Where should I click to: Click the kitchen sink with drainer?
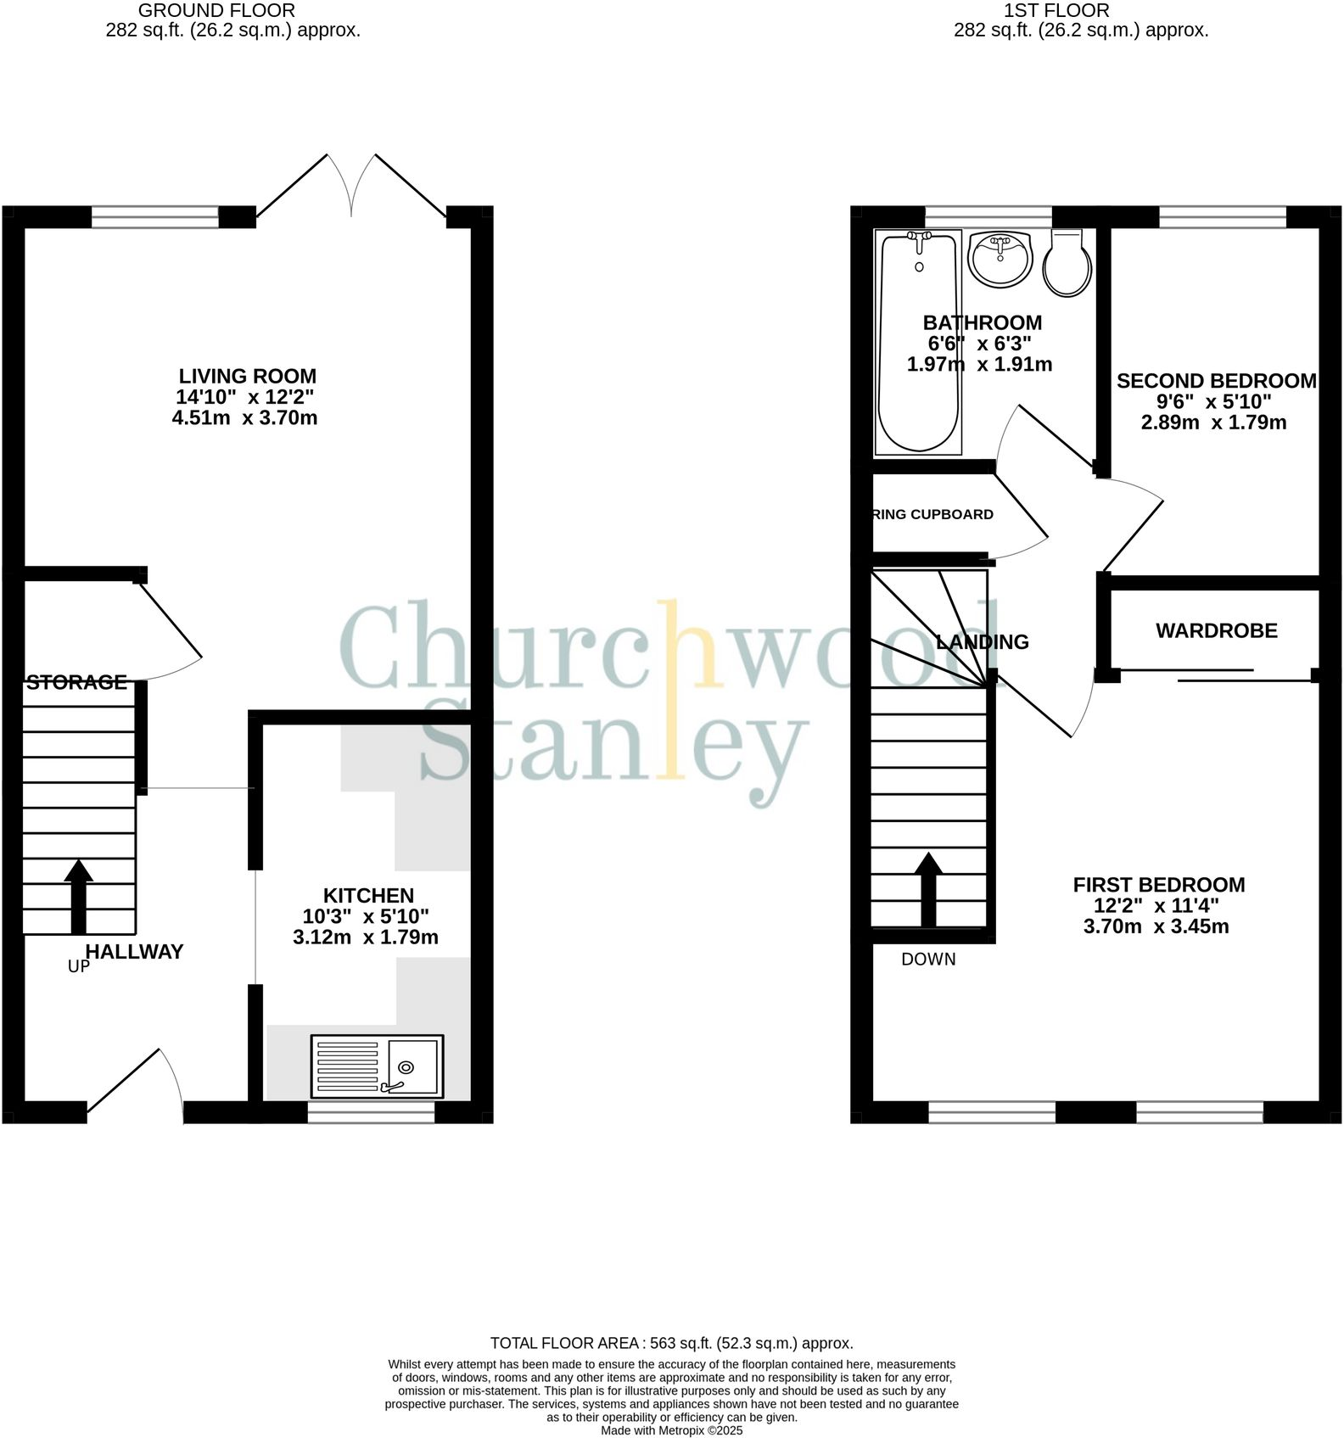click(377, 1066)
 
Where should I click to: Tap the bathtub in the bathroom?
click(919, 341)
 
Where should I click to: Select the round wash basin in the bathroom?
click(1000, 258)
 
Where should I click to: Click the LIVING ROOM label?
click(247, 376)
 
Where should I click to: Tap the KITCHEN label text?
click(368, 896)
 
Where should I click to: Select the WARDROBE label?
click(1216, 630)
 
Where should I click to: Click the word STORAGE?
click(76, 682)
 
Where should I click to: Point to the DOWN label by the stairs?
click(928, 960)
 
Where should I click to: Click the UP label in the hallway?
click(78, 966)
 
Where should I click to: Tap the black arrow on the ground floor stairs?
click(79, 896)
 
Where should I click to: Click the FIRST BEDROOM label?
click(1158, 885)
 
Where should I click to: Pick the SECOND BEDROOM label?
click(1216, 381)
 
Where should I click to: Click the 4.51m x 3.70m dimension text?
click(244, 417)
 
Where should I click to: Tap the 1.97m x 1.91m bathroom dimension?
click(979, 365)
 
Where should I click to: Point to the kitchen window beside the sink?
click(371, 1111)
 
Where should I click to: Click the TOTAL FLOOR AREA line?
click(671, 1343)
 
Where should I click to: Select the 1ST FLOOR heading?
click(1056, 11)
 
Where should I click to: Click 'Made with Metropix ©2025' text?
click(671, 1430)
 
